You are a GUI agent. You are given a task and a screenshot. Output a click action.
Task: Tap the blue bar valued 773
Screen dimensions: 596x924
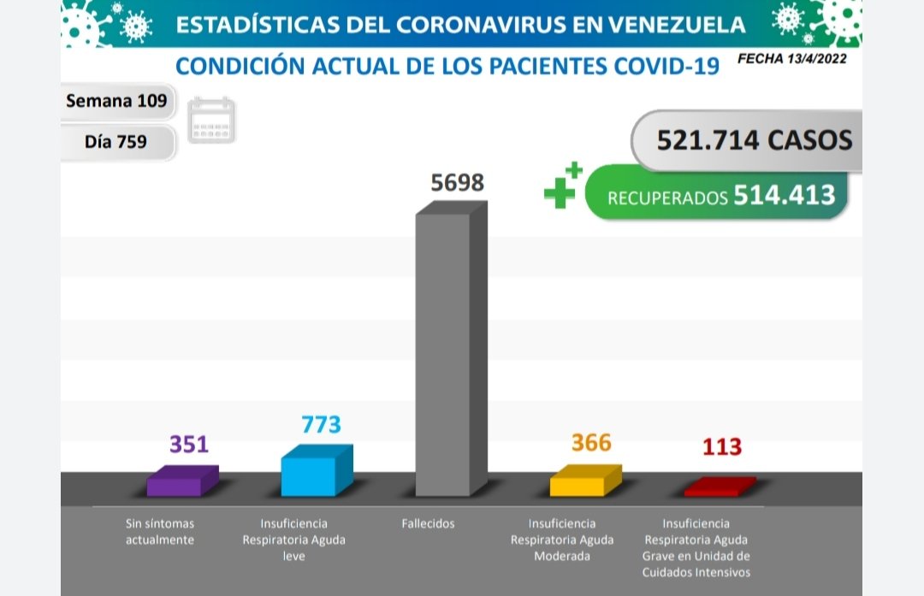pos(310,475)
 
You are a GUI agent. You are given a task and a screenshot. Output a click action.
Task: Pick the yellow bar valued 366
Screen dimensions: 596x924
pos(578,483)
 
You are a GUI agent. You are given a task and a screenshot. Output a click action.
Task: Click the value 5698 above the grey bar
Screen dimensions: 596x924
pos(458,184)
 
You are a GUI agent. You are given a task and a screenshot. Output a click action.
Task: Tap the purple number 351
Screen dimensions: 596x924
pos(188,445)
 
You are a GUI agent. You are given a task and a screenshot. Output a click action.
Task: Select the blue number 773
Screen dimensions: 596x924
pos(322,424)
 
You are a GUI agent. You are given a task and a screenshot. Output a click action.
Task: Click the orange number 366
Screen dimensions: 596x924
pos(591,443)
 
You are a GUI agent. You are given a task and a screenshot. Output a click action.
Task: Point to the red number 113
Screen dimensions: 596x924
pos(721,447)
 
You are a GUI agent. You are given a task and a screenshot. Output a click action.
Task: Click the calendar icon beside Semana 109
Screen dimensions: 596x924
pos(211,121)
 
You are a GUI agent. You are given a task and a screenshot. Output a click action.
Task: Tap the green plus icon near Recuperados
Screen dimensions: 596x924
pos(563,186)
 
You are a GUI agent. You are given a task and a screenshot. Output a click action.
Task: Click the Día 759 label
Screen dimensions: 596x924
pos(116,142)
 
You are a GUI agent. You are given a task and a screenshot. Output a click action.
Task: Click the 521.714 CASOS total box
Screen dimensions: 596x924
pos(754,139)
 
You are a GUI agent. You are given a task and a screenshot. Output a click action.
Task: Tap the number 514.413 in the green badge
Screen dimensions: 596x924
pos(784,195)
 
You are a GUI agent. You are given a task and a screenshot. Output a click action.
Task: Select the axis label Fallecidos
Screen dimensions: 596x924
pos(428,523)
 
